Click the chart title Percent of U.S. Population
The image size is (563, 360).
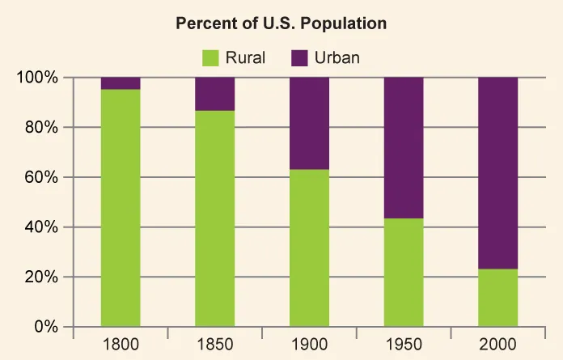pyautogui.click(x=281, y=23)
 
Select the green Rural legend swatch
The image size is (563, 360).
pyautogui.click(x=210, y=57)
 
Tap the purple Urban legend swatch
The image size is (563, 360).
pyautogui.click(x=300, y=57)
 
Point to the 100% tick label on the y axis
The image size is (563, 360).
pyautogui.click(x=38, y=78)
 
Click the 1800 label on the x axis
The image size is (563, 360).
pyautogui.click(x=121, y=343)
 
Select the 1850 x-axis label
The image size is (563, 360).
pyautogui.click(x=215, y=343)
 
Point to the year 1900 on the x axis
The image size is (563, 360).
pyautogui.click(x=310, y=343)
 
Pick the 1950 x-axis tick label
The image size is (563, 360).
pyautogui.click(x=404, y=343)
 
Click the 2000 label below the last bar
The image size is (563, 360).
pyautogui.click(x=498, y=343)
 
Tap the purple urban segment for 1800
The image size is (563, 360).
pyautogui.click(x=121, y=83)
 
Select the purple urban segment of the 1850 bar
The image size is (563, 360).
pyautogui.click(x=215, y=94)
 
